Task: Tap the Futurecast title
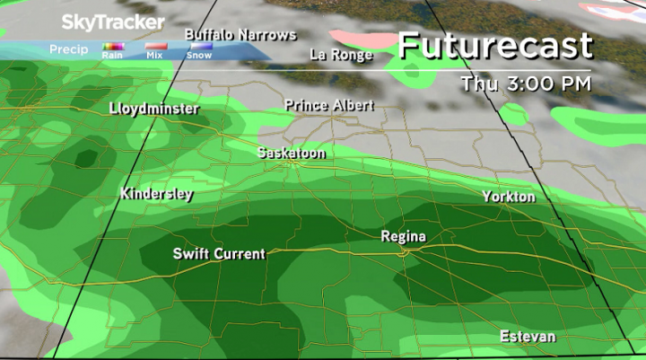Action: [495, 45]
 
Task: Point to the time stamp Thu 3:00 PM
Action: [525, 84]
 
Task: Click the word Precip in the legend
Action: [69, 49]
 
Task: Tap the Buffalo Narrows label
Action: [240, 35]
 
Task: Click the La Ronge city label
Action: [341, 55]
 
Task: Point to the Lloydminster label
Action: [154, 110]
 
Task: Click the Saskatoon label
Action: [291, 154]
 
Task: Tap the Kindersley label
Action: [156, 194]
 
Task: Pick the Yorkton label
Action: [508, 197]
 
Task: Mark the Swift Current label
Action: [219, 254]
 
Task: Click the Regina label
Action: [403, 237]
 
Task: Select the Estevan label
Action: [528, 337]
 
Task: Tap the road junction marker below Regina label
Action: [406, 252]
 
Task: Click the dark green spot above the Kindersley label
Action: [86, 158]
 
